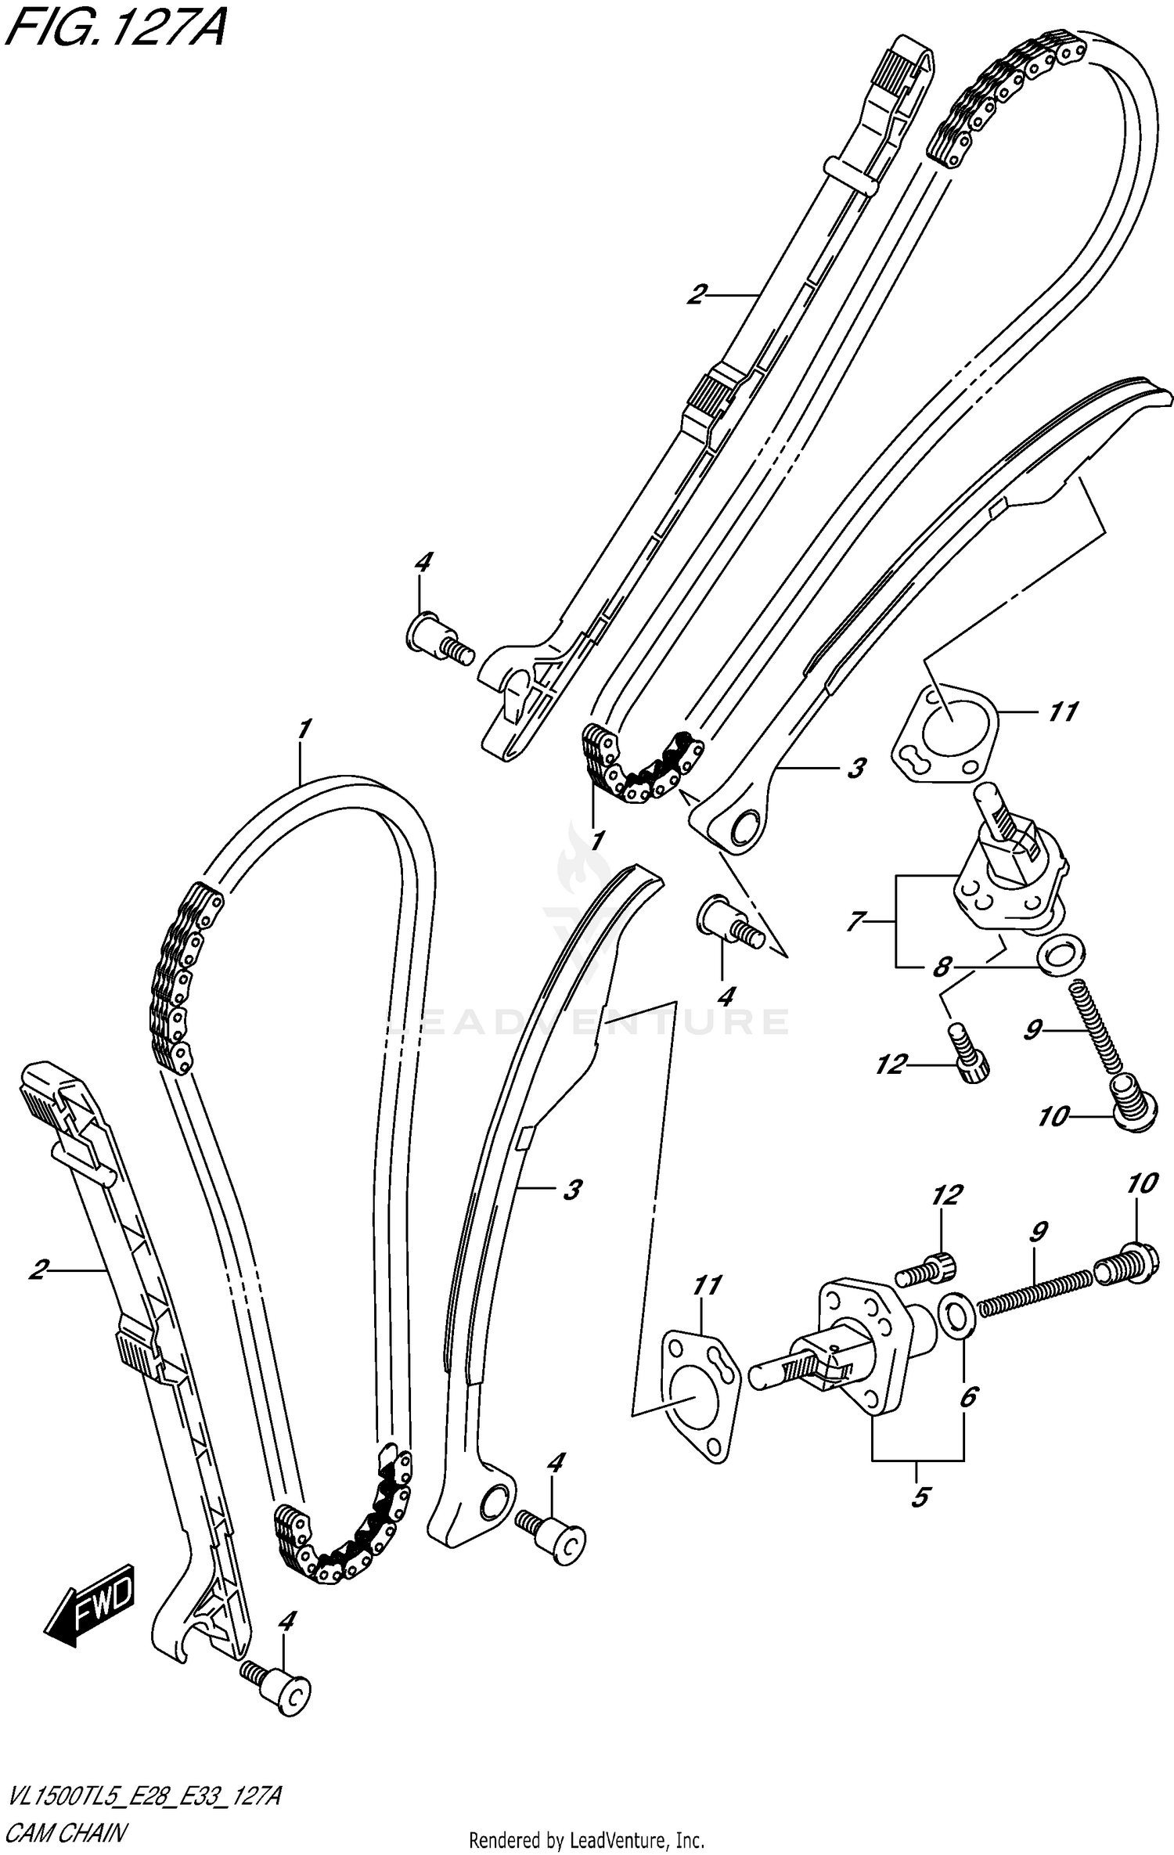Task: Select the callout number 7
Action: pyautogui.click(x=854, y=921)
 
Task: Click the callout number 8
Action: pyautogui.click(x=941, y=967)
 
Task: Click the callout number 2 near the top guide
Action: pyautogui.click(x=696, y=295)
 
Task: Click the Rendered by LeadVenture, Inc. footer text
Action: pyautogui.click(x=587, y=1842)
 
